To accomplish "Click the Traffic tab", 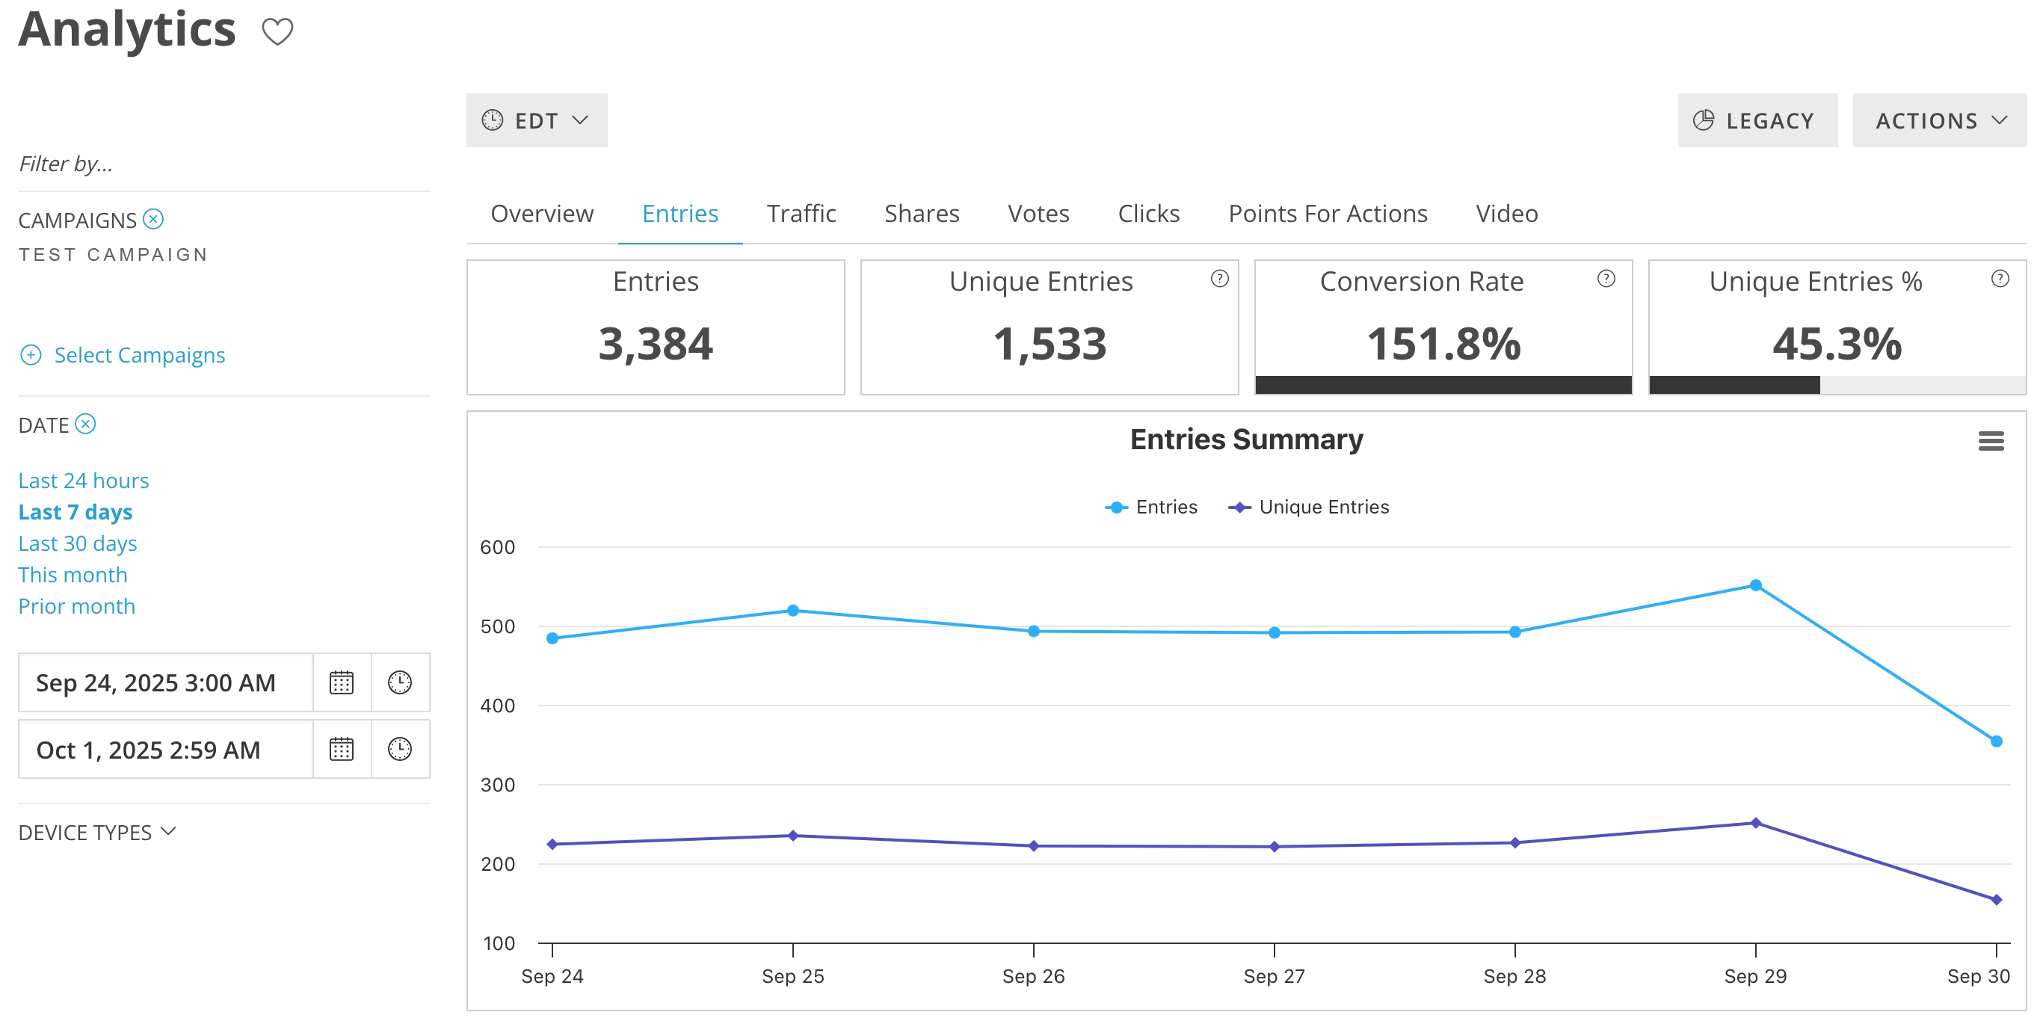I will point(801,214).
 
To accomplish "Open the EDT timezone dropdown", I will point(536,120).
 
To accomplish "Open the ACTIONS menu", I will point(1939,120).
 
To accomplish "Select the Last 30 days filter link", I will point(78,543).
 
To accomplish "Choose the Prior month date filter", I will point(77,605).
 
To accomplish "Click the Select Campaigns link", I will point(139,355).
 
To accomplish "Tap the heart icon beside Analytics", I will point(277,31).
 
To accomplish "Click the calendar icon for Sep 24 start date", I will point(342,682).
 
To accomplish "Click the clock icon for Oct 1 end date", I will point(400,749).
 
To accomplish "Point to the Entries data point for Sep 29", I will point(1755,585).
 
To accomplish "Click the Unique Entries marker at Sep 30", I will point(1996,899).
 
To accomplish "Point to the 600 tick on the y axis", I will point(497,547).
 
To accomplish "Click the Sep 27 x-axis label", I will point(1274,975).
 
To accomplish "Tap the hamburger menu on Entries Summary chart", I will point(1991,440).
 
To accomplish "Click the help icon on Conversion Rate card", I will point(1606,278).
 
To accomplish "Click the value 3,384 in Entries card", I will point(656,344).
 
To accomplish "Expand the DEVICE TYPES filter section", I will point(96,832).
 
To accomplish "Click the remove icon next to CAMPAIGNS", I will point(153,219).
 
